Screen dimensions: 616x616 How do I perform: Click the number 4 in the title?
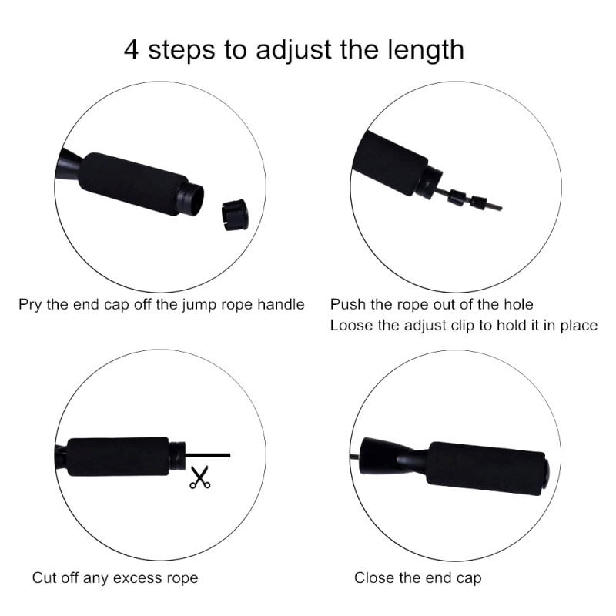[132, 49]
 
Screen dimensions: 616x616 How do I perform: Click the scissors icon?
[200, 477]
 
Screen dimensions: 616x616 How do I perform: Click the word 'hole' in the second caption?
[517, 304]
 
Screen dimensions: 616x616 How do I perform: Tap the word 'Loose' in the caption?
[350, 325]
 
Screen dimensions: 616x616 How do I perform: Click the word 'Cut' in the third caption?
[43, 577]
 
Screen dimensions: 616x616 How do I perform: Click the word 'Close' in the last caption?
[372, 577]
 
